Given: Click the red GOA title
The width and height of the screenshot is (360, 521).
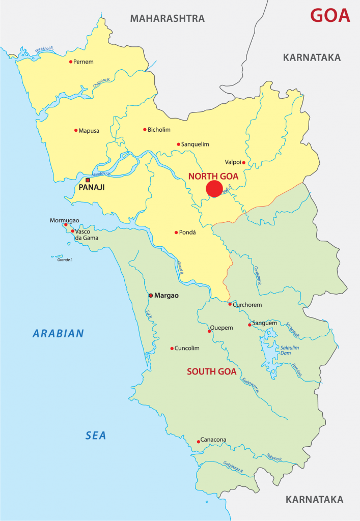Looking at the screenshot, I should (330, 15).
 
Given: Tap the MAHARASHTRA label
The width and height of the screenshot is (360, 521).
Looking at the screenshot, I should (167, 19).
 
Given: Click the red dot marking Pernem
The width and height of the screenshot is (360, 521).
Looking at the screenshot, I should (71, 62).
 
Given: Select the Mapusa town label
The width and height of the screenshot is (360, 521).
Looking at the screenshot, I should (89, 131).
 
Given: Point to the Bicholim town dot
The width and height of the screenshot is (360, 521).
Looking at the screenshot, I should (145, 129).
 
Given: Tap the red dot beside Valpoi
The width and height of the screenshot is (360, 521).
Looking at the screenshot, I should (243, 163).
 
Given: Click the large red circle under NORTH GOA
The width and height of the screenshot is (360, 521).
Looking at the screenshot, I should (214, 189).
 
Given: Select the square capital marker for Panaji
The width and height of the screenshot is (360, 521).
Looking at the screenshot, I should (88, 180).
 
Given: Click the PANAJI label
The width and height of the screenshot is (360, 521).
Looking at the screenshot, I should (92, 188).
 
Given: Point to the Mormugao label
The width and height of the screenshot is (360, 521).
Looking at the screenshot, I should (64, 220).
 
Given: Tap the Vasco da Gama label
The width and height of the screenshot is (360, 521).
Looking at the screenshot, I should (87, 234).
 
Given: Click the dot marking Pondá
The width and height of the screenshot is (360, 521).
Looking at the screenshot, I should (176, 233).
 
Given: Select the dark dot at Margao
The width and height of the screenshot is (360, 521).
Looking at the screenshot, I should (150, 295).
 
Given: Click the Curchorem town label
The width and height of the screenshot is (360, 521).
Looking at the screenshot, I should (247, 305).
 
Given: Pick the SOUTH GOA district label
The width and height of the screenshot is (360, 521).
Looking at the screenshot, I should (211, 371).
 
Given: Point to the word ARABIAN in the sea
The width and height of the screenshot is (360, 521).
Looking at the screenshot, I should (58, 334).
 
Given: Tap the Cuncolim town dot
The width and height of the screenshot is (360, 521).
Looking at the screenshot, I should (172, 349).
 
